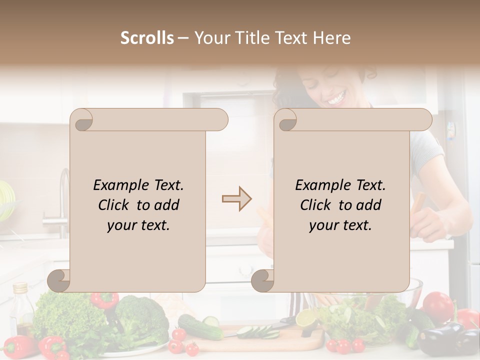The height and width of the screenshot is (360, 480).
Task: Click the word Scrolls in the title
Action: (x=147, y=38)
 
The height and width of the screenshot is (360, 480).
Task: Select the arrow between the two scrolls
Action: (x=236, y=199)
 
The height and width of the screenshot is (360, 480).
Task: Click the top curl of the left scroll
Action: (x=82, y=119)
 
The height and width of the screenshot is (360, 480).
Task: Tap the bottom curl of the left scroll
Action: (x=59, y=280)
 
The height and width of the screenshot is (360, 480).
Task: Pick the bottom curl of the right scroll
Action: (x=263, y=280)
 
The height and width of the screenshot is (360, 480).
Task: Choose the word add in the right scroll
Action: (x=368, y=205)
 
